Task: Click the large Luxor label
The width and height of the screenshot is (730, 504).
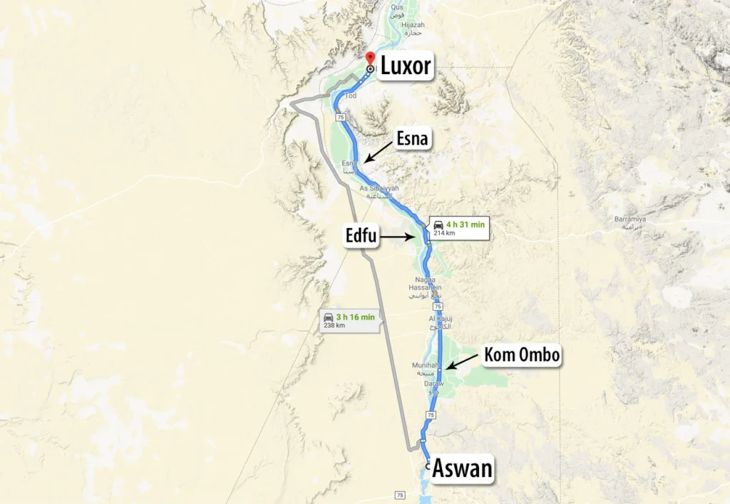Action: click(x=405, y=66)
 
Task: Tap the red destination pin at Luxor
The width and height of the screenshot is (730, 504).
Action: click(x=369, y=58)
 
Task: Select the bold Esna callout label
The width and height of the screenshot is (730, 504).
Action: click(x=412, y=139)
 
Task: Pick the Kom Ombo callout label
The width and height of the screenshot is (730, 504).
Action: click(x=521, y=355)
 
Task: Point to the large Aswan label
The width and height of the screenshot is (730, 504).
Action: click(x=462, y=469)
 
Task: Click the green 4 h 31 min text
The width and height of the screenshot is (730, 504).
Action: click(x=466, y=225)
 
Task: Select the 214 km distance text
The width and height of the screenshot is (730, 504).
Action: click(x=444, y=233)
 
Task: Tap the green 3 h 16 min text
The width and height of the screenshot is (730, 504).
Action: click(x=354, y=316)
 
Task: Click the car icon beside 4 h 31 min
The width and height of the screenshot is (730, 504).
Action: click(x=438, y=225)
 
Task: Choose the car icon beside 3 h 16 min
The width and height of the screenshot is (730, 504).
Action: click(x=329, y=316)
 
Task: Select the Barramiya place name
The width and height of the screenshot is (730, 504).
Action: click(x=629, y=219)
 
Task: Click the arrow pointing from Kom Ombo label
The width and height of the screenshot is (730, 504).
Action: click(x=463, y=361)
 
